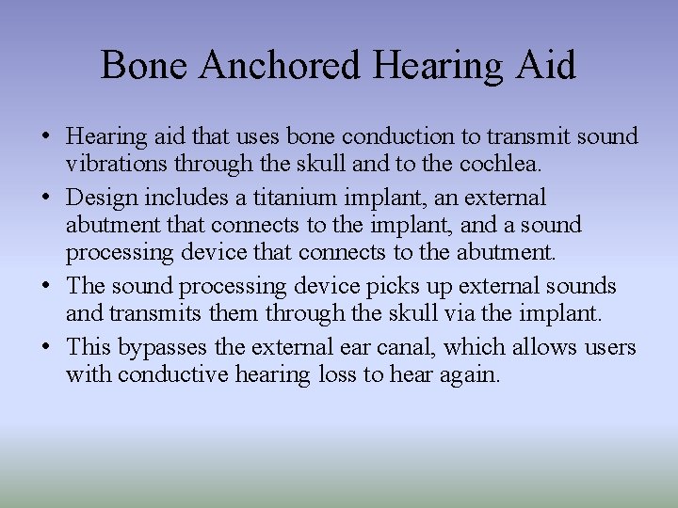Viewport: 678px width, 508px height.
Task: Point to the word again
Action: pos(471,374)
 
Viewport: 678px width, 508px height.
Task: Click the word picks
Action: pos(384,286)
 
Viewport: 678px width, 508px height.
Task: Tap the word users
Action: pos(609,348)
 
